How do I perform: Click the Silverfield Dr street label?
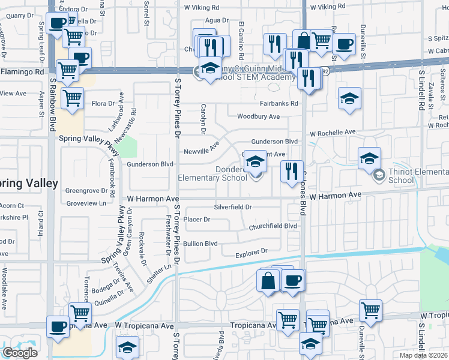(x=232, y=207)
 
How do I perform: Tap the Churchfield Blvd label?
(x=273, y=226)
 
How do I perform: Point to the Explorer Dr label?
(x=250, y=254)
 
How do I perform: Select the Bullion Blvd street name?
(x=200, y=244)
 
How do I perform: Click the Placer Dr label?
(x=197, y=220)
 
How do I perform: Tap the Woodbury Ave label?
(x=258, y=116)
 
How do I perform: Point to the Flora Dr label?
(x=103, y=104)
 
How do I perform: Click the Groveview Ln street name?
(x=86, y=203)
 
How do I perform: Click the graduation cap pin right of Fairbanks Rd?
(x=349, y=98)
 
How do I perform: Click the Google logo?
(x=20, y=353)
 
